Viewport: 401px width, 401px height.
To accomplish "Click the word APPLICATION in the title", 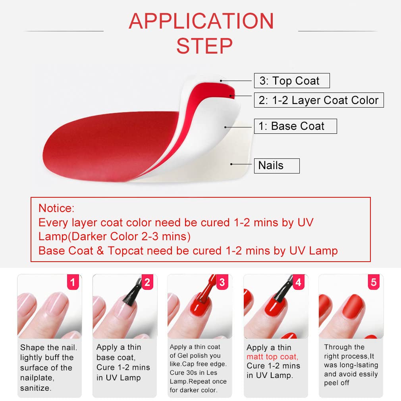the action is point(201,21).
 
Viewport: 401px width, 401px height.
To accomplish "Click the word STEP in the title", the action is point(204,46).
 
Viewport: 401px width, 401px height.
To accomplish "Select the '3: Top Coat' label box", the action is point(292,81).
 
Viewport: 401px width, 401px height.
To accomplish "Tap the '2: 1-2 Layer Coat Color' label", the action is point(319,100).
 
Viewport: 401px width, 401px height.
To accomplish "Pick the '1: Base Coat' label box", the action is point(295,126).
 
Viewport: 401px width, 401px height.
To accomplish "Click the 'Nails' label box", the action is point(277,166).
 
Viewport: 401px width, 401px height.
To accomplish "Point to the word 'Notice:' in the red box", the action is point(56,208).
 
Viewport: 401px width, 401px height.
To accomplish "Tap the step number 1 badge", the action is point(73,282).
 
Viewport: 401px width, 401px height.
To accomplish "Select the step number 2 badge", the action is point(148,282).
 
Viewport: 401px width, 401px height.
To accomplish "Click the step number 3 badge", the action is point(222,282).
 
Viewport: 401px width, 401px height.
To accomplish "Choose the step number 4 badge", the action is point(299,282).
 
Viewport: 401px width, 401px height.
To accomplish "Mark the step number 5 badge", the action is point(374,282).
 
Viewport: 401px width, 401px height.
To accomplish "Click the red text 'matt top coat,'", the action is point(272,357).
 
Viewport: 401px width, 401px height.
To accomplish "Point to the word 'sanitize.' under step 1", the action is point(36,388).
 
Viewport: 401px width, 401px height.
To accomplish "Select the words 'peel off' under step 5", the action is point(337,383).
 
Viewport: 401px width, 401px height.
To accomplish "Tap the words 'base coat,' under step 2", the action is point(116,357).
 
